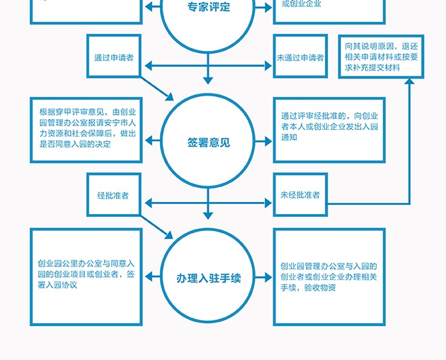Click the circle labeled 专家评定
point(209,14)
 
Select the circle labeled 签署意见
point(209,142)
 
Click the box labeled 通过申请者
point(114,57)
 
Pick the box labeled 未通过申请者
point(300,57)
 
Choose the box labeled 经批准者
point(114,195)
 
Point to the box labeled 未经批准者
point(300,195)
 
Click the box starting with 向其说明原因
point(382,55)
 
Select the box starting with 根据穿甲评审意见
point(87,128)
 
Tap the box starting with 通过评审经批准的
point(329,128)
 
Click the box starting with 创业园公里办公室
point(86,275)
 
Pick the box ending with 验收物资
point(329,276)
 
